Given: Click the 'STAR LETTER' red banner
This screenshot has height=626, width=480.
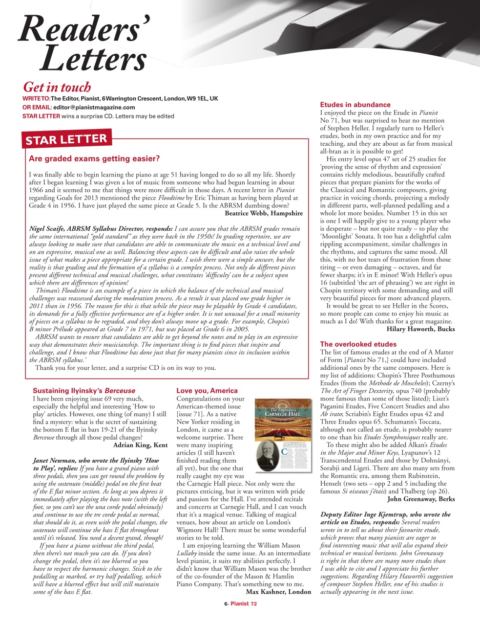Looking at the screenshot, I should pos(66,139).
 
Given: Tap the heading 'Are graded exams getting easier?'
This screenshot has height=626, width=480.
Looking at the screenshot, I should pos(94,158).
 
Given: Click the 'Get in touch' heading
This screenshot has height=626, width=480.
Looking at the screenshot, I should pos(57,88).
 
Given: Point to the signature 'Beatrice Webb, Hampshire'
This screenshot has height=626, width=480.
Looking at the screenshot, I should pos(264,213).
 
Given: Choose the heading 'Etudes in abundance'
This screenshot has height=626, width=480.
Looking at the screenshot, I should pos(355,105).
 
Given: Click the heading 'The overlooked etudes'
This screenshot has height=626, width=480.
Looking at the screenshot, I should pos(358,344).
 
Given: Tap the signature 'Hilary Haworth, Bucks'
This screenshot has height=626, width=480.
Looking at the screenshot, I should pos(420,329).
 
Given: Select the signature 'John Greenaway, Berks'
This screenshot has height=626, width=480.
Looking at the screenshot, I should pos(421,499).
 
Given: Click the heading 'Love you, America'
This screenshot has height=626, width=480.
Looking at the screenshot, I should pos(207,391).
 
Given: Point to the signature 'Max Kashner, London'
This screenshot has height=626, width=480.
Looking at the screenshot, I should pos(278,592).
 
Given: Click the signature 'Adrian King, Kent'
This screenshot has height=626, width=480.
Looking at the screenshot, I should pos(140,445).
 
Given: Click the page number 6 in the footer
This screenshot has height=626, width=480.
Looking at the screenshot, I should pos(226,604).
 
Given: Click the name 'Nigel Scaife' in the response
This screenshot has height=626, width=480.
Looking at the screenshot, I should pos(46,228).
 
